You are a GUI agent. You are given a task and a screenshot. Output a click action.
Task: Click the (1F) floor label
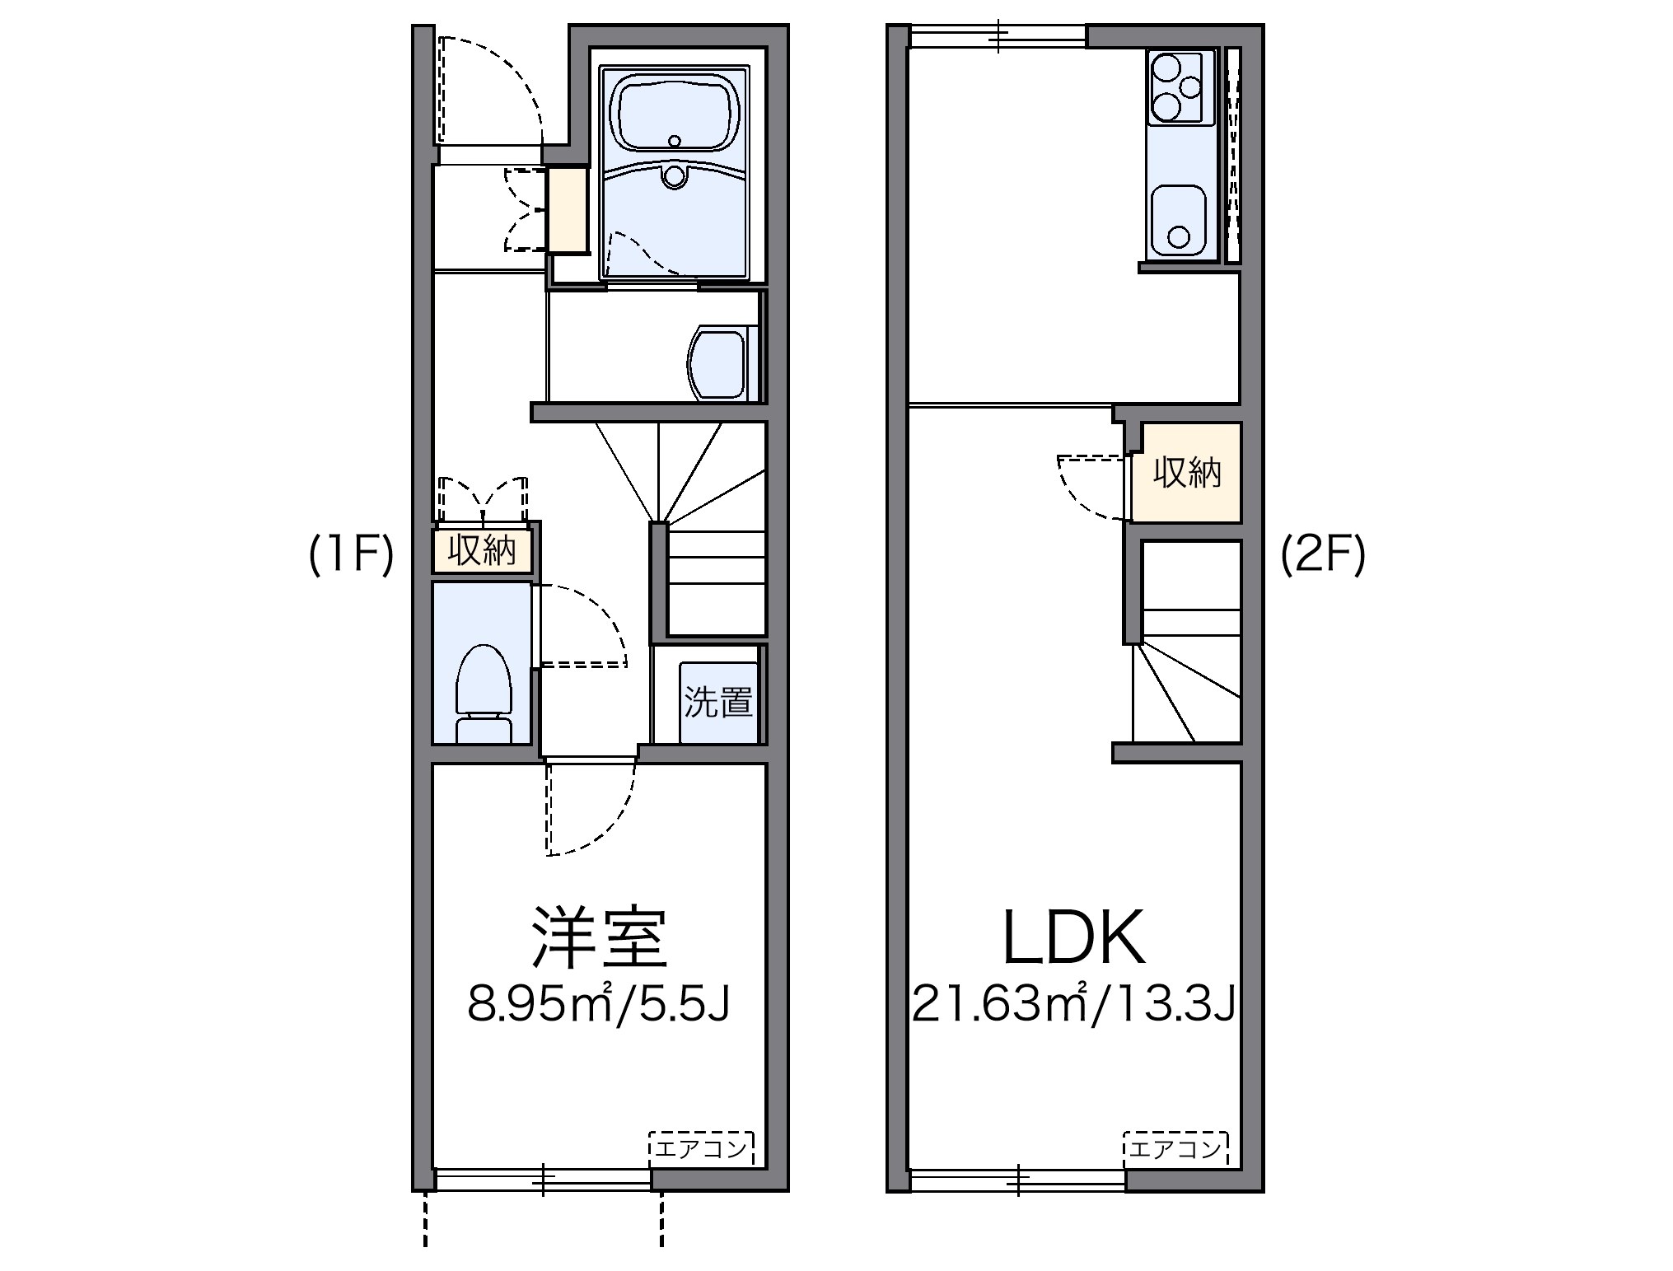coord(351,557)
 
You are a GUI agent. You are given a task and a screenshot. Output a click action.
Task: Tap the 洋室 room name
coord(599,937)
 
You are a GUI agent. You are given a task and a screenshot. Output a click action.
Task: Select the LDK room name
coord(1073,937)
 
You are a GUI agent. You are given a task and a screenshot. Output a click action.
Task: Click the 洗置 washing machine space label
coord(718,702)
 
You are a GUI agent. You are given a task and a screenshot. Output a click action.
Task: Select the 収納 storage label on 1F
coord(482,550)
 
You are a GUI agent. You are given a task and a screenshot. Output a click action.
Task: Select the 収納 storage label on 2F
coord(1186,472)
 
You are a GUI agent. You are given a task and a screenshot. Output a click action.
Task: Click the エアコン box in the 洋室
coord(701,1148)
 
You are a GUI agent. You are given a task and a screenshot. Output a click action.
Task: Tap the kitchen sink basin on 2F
coord(1179,220)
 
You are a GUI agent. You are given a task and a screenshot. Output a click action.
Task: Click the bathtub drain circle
coord(675,142)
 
